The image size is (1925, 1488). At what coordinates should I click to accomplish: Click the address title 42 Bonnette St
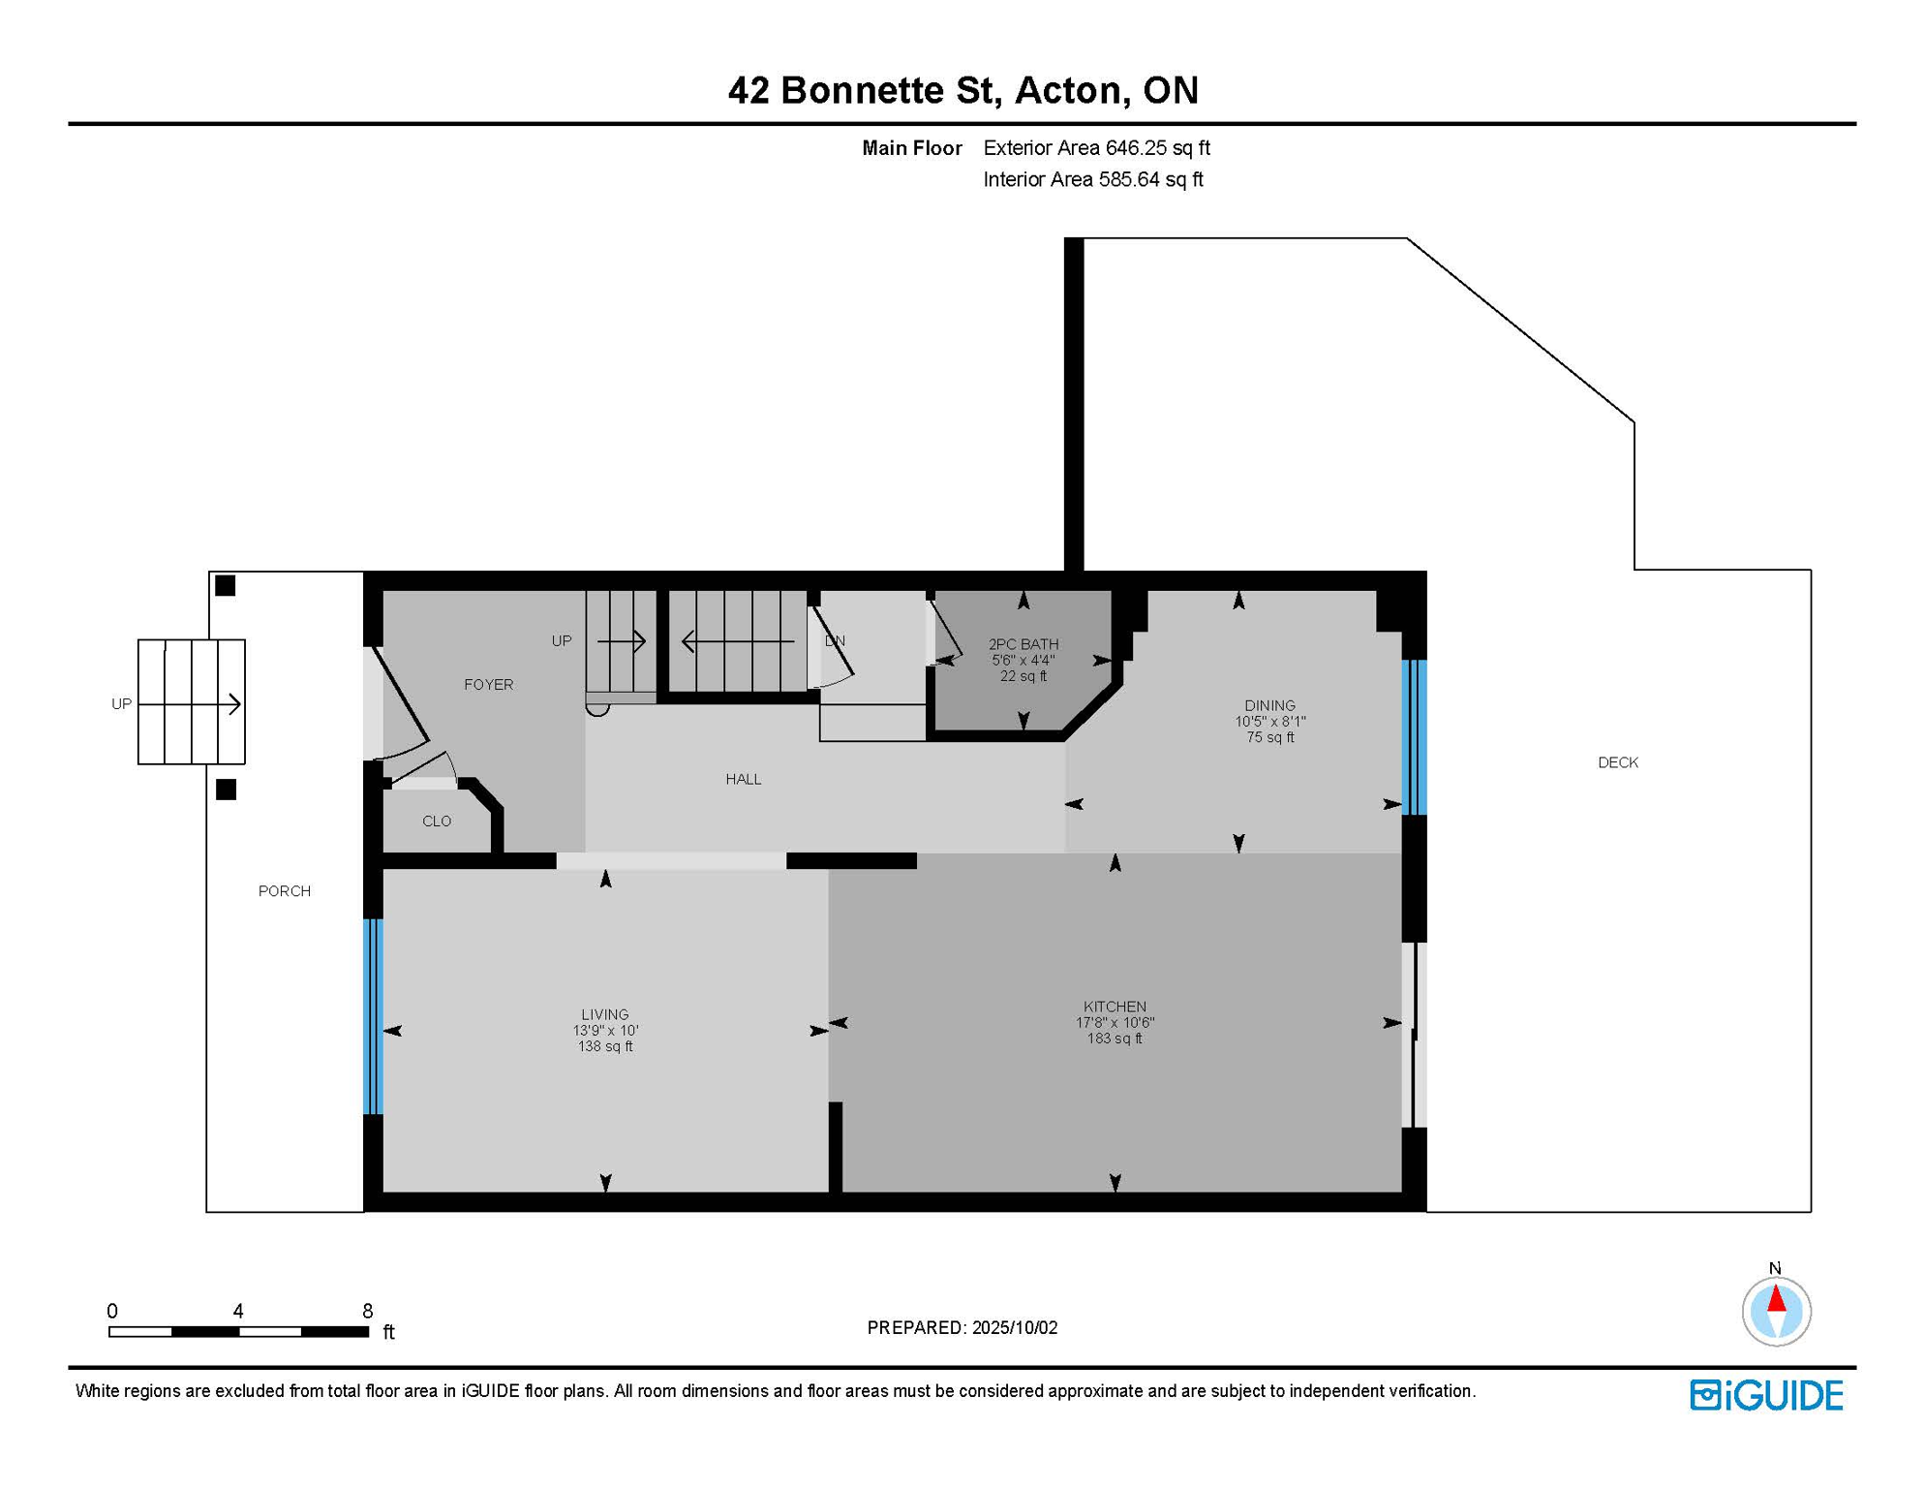tap(862, 90)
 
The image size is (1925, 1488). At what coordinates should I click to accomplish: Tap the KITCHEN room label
tap(1115, 1007)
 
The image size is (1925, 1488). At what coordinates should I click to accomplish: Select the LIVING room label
tap(605, 1014)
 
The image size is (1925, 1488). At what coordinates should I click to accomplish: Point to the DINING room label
tap(1269, 705)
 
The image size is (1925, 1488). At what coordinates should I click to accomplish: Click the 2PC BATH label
tap(1024, 644)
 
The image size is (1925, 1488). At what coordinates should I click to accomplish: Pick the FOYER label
tap(488, 685)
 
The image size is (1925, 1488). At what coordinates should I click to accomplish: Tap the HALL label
tap(744, 779)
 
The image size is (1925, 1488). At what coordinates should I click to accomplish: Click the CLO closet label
tap(437, 821)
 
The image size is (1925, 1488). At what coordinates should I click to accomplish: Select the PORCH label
tap(285, 891)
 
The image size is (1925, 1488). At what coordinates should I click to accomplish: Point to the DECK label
tap(1618, 762)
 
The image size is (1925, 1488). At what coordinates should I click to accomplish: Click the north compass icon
tap(1776, 1311)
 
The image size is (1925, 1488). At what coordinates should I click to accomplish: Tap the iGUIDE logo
tap(1766, 1395)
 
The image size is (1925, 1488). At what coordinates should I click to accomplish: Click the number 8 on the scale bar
tap(368, 1311)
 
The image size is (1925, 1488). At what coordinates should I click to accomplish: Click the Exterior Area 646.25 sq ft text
tap(1096, 148)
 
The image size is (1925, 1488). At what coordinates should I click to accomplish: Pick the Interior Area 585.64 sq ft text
tap(1093, 179)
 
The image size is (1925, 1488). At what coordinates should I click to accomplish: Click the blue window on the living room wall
tap(373, 1016)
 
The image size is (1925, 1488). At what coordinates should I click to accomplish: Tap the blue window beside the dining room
tap(1415, 737)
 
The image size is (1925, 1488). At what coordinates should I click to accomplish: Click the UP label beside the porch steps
tap(121, 704)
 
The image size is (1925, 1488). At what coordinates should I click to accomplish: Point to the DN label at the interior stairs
tap(835, 641)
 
